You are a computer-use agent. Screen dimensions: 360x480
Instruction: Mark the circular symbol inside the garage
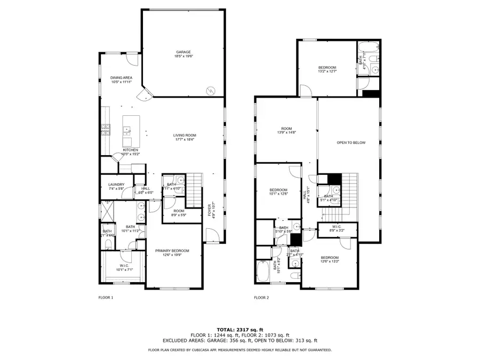[x=211, y=90]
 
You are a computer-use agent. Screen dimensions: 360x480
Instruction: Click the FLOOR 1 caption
[x=106, y=297]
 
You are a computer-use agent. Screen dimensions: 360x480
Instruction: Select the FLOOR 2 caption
[x=261, y=297]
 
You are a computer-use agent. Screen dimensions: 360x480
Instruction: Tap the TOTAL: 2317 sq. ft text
[x=239, y=329]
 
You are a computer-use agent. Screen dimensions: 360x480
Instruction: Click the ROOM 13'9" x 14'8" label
[x=286, y=130]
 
